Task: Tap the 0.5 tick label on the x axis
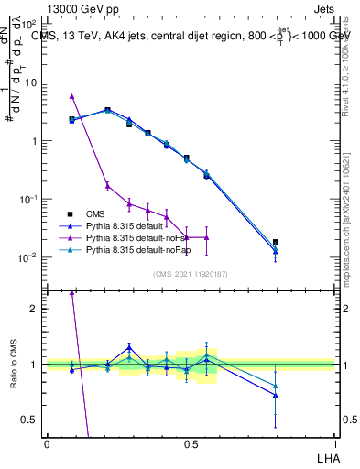[191, 443]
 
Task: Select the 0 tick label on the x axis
[47, 443]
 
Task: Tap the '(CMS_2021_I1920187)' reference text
[191, 273]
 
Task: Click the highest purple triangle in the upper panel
[71, 96]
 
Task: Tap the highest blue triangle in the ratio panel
[129, 347]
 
